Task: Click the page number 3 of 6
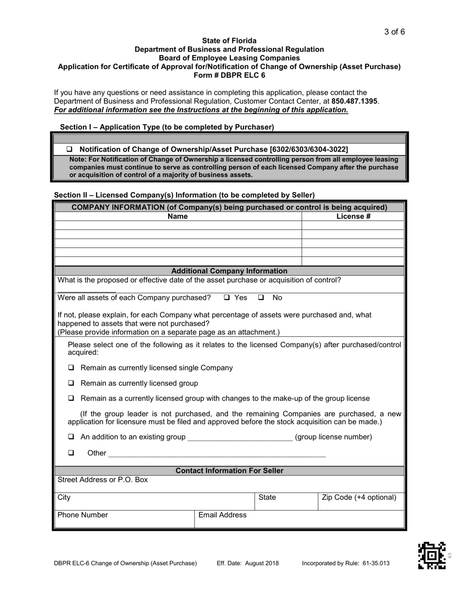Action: point(394,32)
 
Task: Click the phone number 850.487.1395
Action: point(355,101)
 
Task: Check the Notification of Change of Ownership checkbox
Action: point(69,149)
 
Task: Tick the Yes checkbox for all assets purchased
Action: point(227,297)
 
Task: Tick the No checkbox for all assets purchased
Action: point(261,297)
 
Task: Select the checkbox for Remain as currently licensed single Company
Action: point(72,368)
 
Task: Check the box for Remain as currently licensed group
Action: point(72,383)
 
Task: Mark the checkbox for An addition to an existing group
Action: point(72,437)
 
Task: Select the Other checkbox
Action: point(72,453)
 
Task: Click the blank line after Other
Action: point(217,454)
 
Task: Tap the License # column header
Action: point(353,216)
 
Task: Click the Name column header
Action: point(177,216)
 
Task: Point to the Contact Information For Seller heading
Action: point(229,470)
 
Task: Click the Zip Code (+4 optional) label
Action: point(359,497)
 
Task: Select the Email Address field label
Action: point(222,515)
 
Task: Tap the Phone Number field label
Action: point(83,515)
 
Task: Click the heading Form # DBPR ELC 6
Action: point(229,75)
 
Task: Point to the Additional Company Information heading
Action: point(229,271)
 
